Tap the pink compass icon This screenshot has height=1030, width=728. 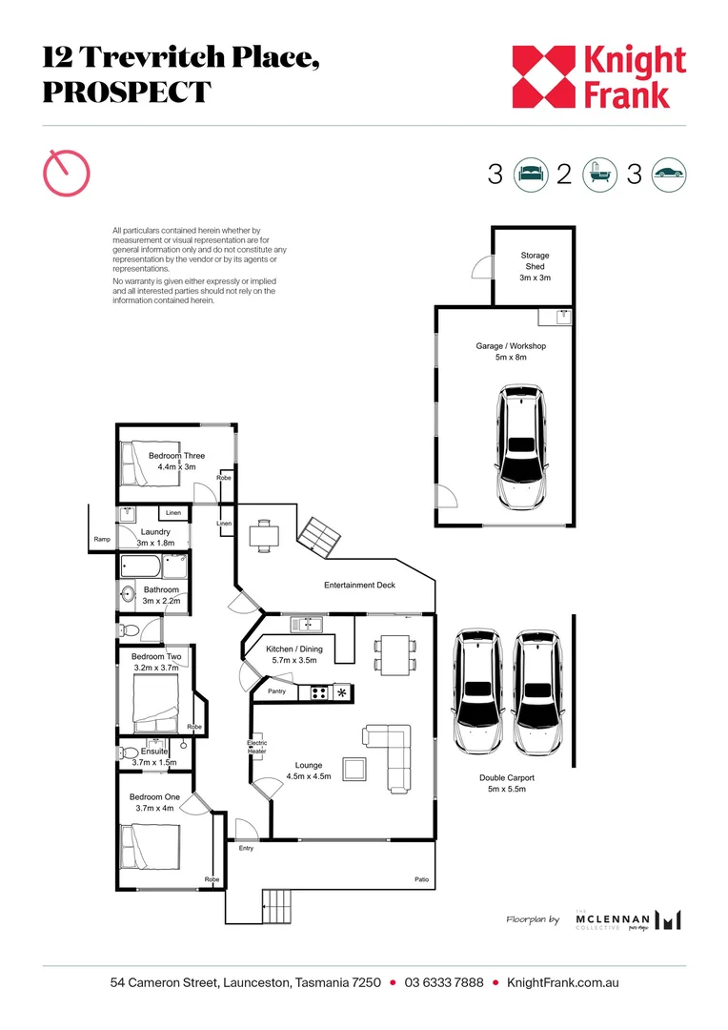67,174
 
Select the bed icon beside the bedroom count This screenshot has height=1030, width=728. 531,175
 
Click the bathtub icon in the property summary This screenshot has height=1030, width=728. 598,175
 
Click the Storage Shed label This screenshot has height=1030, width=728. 535,266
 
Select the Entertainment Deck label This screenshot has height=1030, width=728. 359,585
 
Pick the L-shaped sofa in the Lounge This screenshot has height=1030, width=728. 393,756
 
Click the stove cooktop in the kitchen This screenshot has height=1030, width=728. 318,692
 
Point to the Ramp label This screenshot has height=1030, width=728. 102,540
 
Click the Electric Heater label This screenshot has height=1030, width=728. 257,747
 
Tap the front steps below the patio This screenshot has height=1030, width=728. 278,900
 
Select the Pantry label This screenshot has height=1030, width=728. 277,690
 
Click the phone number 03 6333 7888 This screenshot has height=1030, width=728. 444,982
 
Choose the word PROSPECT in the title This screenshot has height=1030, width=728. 126,93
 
